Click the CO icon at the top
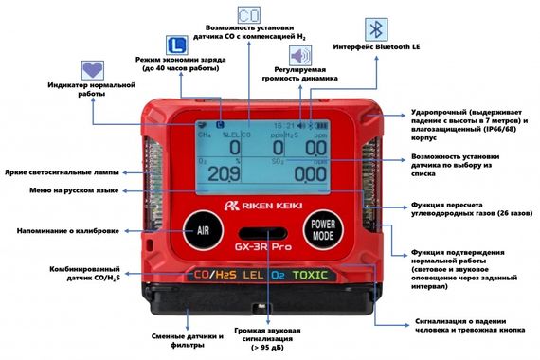249,16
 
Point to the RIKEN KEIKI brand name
269,202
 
